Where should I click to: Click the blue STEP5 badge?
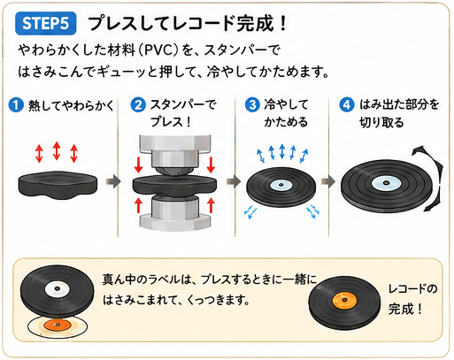pyautogui.click(x=46, y=23)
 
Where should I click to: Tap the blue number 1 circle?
pyautogui.click(x=16, y=105)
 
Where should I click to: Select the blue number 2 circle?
pyautogui.click(x=138, y=105)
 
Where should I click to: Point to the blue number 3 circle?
pyautogui.click(x=252, y=105)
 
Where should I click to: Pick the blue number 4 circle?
pyautogui.click(x=347, y=105)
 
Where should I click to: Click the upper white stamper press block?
pyautogui.click(x=175, y=153)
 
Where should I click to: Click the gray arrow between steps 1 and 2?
pyautogui.click(x=113, y=181)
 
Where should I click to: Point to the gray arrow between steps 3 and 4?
pyautogui.click(x=328, y=181)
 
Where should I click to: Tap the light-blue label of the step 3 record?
pyautogui.click(x=281, y=185)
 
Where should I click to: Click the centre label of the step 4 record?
pyautogui.click(x=385, y=183)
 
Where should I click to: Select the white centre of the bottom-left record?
pyautogui.click(x=58, y=288)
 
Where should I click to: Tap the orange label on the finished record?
pyautogui.click(x=344, y=300)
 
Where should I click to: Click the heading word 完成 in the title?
pyautogui.click(x=255, y=23)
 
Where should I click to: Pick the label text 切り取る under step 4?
pyautogui.click(x=381, y=122)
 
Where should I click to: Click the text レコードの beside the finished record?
pyautogui.click(x=412, y=289)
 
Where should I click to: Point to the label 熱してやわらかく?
pyautogui.click(x=71, y=105)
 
